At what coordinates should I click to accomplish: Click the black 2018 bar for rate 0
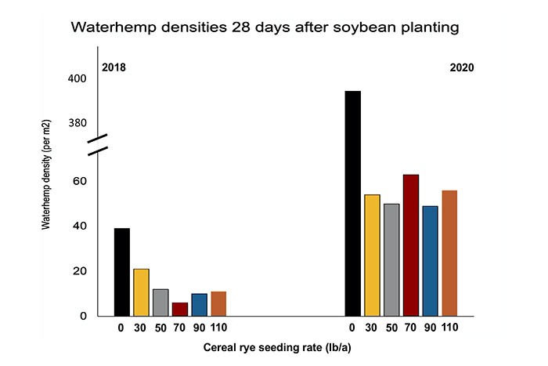pyautogui.click(x=122, y=272)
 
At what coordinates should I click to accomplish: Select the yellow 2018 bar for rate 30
pyautogui.click(x=141, y=292)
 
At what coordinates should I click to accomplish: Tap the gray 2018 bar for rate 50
pyautogui.click(x=160, y=303)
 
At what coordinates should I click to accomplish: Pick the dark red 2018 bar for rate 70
pyautogui.click(x=180, y=310)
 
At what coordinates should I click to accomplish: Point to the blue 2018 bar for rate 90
pyautogui.click(x=200, y=305)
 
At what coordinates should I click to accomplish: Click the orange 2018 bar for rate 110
pyautogui.click(x=218, y=304)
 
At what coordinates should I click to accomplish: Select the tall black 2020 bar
pyautogui.click(x=353, y=204)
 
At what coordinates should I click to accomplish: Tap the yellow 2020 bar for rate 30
pyautogui.click(x=372, y=255)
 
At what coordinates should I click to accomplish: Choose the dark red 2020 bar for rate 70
pyautogui.click(x=411, y=245)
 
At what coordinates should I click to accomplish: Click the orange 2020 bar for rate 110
pyautogui.click(x=449, y=253)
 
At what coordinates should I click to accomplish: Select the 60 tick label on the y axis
pyautogui.click(x=80, y=181)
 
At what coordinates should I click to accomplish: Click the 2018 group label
pyautogui.click(x=114, y=68)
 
